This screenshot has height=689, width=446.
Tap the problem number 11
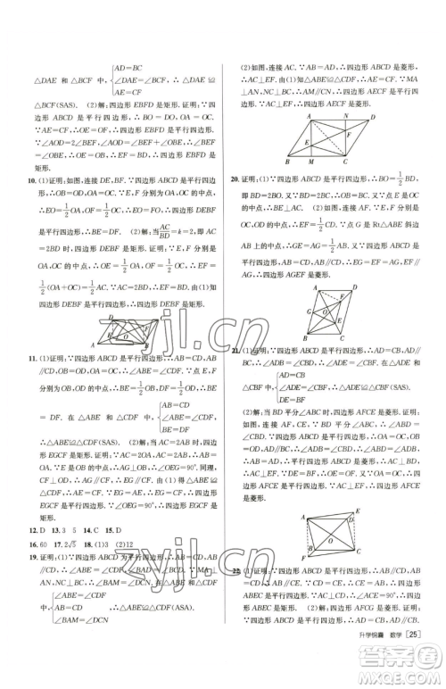(34, 357)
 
